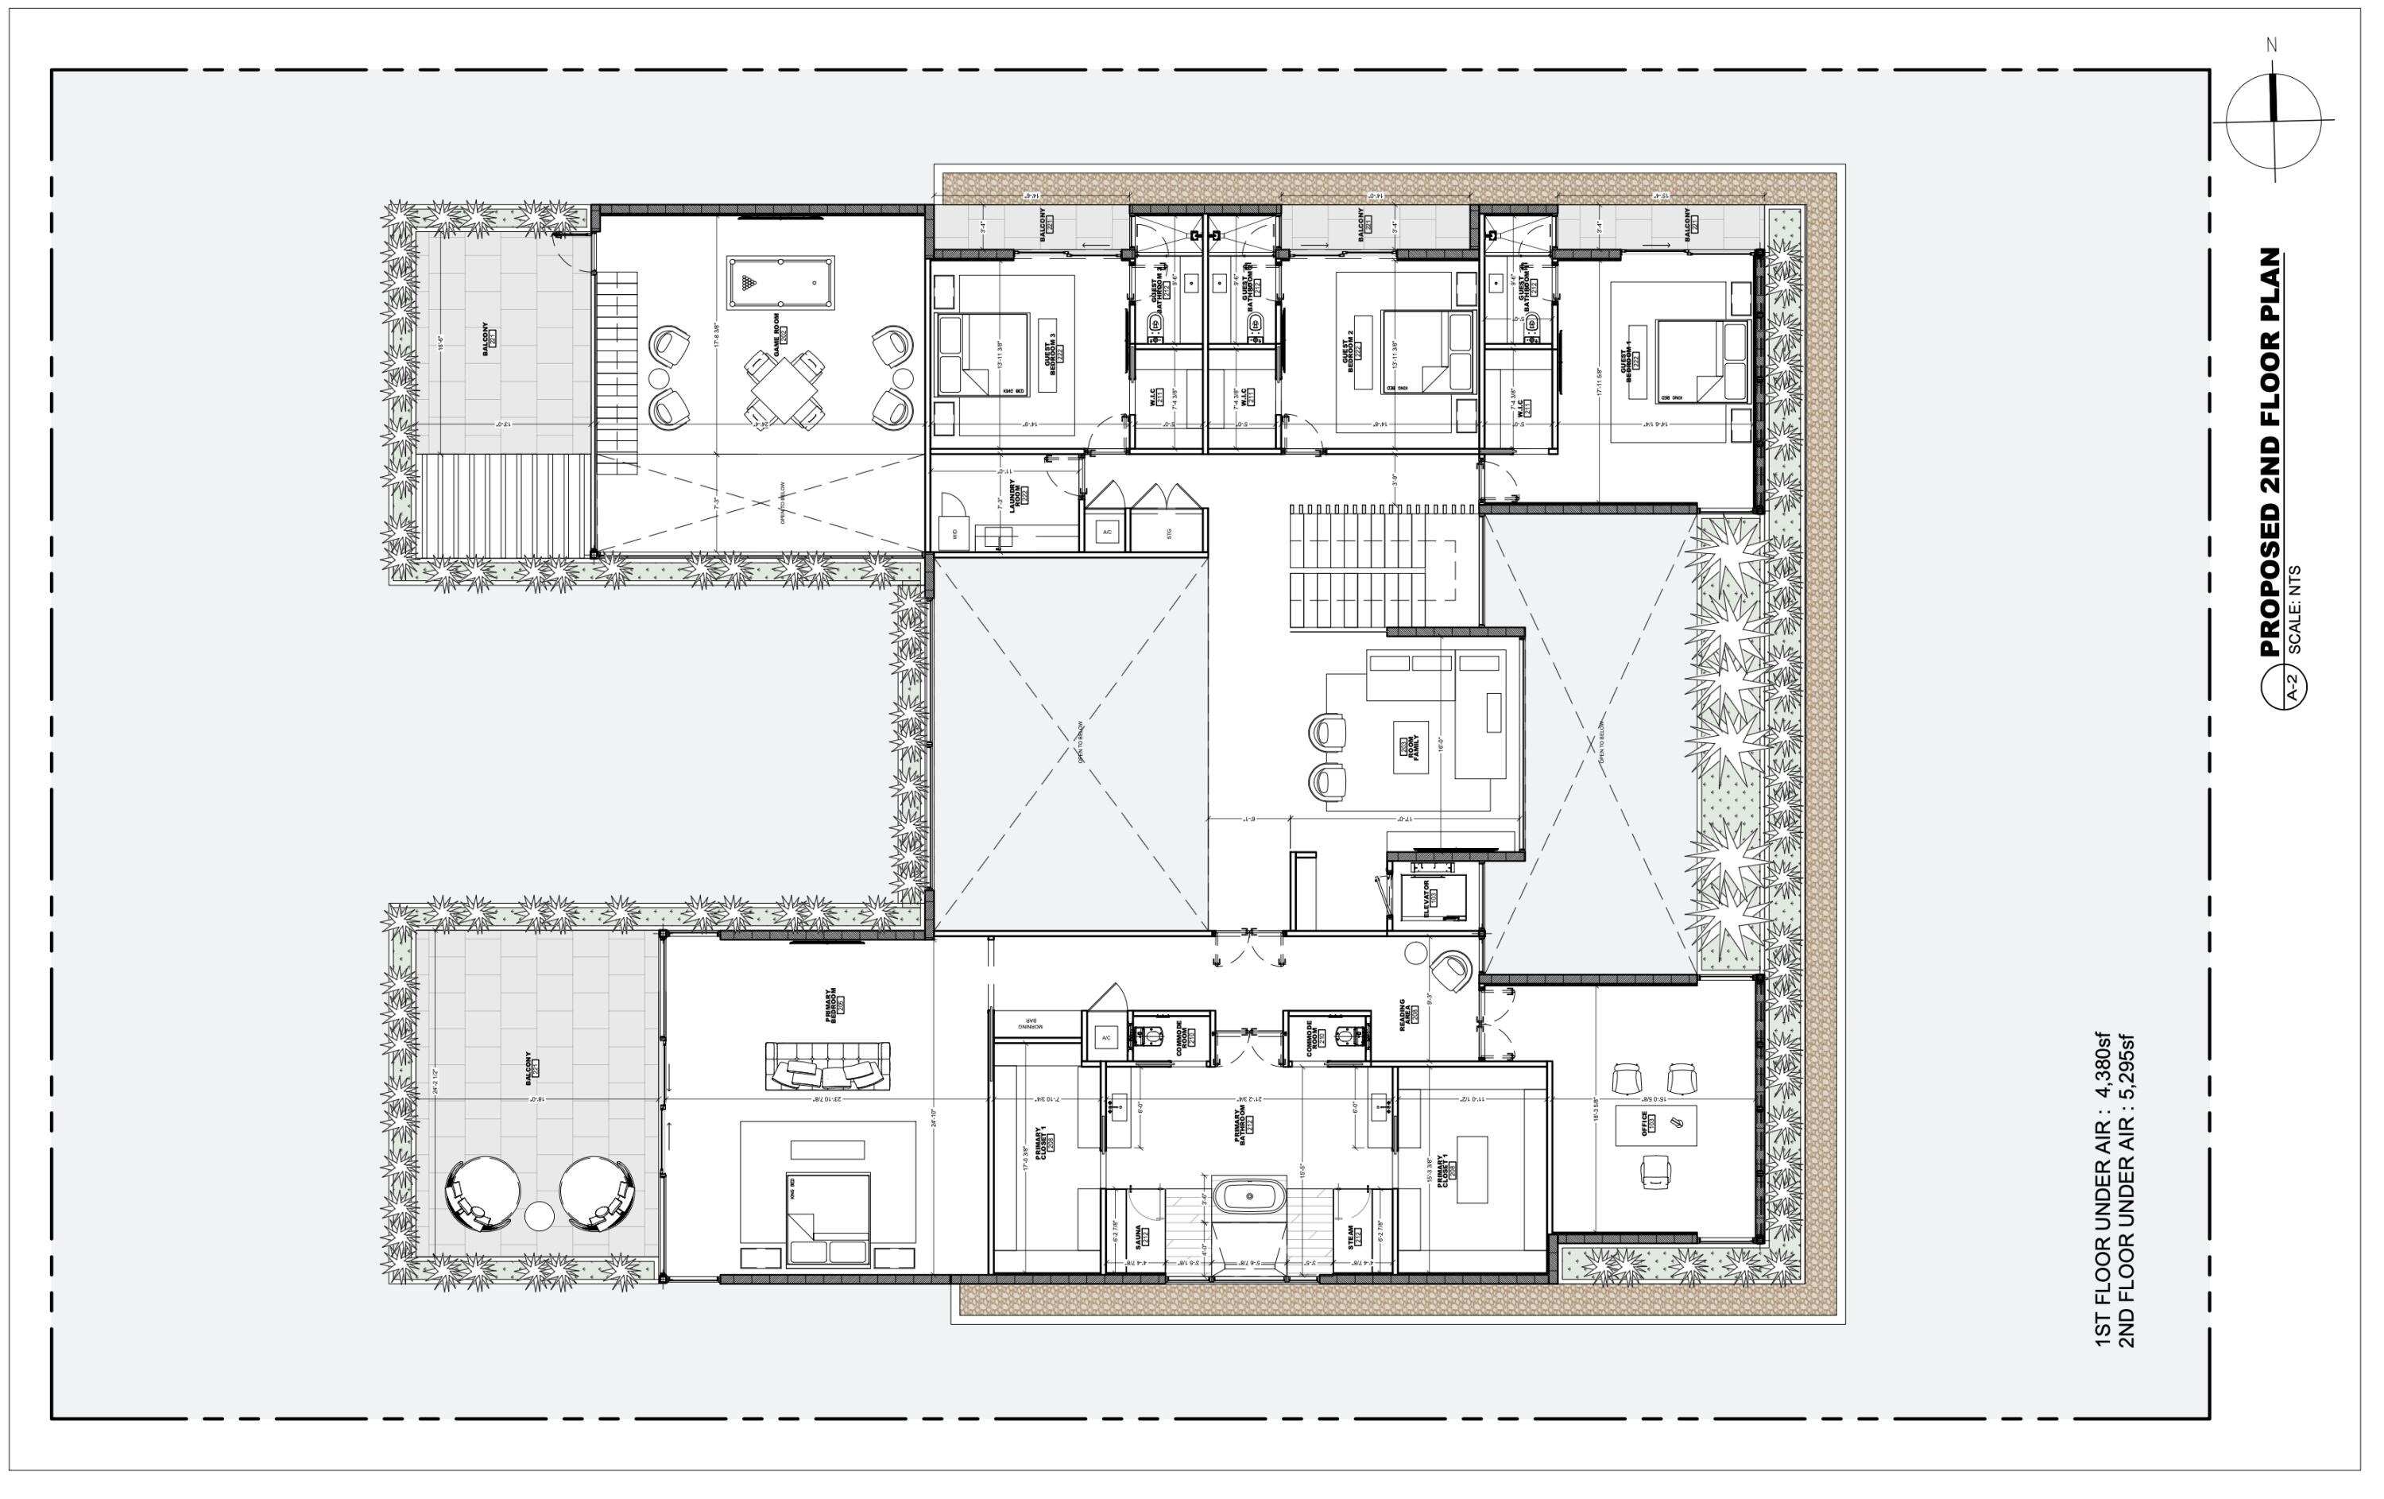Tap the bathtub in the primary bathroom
(1249, 1196)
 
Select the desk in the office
(1655, 1125)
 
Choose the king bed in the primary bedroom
(828, 1220)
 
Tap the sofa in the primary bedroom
(828, 1067)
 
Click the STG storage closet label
(1168, 533)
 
